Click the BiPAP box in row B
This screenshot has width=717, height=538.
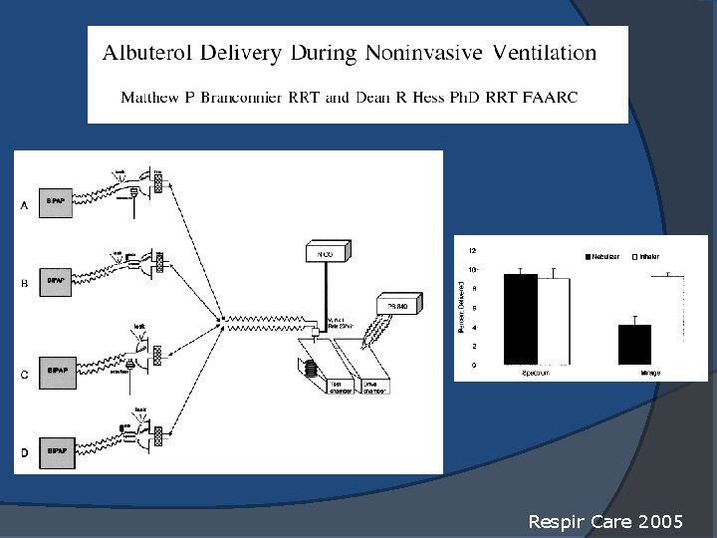56,280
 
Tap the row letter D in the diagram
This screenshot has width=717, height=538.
24,453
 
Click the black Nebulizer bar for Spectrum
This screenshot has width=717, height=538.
520,319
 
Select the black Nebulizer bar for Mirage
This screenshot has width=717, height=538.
634,344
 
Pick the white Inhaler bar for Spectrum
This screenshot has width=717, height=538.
554,321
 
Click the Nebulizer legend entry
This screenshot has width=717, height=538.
600,257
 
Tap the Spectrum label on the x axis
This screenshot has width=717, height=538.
536,373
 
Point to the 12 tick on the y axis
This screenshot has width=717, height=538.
472,250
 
